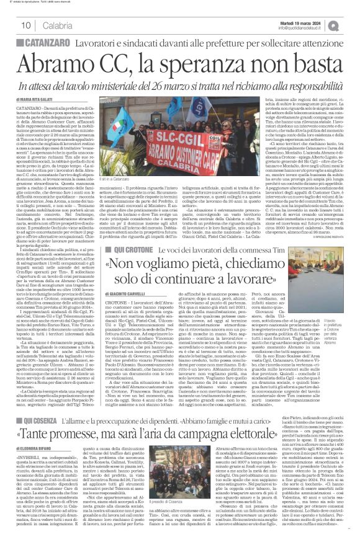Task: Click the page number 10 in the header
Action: click(x=27, y=25)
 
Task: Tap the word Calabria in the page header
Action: click(x=58, y=25)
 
